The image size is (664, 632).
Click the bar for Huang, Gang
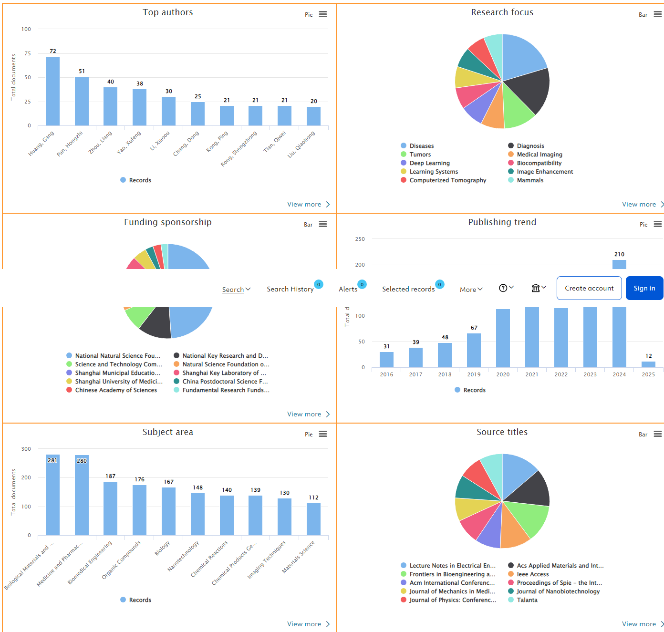pos(52,91)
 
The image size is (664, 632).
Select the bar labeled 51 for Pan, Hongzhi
pos(82,101)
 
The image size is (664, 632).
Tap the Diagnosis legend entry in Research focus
pos(530,146)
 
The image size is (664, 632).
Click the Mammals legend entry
pos(529,180)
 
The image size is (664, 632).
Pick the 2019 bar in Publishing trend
pos(474,350)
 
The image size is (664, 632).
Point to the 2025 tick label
pos(648,374)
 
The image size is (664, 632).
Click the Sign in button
pos(644,288)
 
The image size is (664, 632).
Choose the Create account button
pos(589,288)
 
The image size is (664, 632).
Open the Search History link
pos(290,289)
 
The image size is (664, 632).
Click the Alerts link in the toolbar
pos(348,289)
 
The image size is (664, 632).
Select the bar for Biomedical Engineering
pos(110,508)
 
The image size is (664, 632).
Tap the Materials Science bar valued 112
pos(313,519)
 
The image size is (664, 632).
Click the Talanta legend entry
pos(527,600)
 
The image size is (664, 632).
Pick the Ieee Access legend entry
pos(532,574)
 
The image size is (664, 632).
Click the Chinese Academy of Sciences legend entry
pos(115,390)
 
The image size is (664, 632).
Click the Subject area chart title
pos(168,432)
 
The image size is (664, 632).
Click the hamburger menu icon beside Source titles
pos(658,434)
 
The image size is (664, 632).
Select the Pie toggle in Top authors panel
pos(309,15)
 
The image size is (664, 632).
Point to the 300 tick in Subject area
pos(26,449)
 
